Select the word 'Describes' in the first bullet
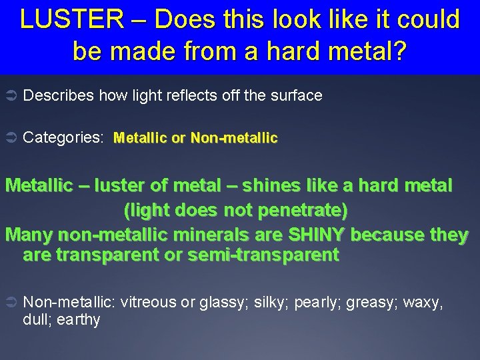59,96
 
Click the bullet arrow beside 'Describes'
11,96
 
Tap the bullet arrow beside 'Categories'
11,138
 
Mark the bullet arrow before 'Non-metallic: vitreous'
11,302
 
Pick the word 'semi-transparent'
270,255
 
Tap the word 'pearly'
319,302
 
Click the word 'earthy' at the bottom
79,320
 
